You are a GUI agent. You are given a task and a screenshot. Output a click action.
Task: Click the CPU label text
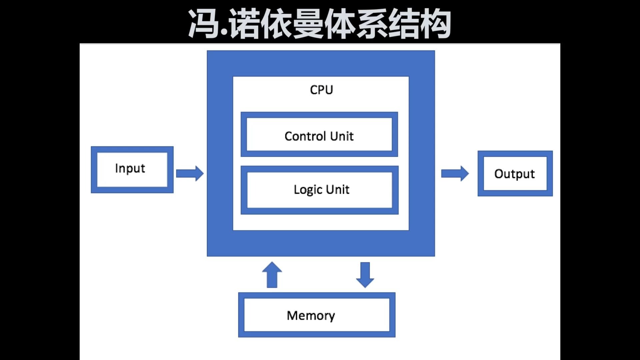321,90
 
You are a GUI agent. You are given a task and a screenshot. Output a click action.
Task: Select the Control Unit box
319,134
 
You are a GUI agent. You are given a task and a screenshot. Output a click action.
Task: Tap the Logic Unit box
319,190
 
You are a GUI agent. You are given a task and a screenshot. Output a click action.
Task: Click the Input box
132,170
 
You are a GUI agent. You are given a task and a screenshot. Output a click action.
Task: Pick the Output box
515,174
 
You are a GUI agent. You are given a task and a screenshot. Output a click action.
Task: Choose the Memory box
317,315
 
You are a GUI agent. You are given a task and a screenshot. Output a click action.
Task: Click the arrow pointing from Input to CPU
190,173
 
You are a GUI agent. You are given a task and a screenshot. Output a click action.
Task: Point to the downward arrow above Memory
365,275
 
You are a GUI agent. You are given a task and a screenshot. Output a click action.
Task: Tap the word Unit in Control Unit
342,136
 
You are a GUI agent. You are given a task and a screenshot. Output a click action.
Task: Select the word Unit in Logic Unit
338,190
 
